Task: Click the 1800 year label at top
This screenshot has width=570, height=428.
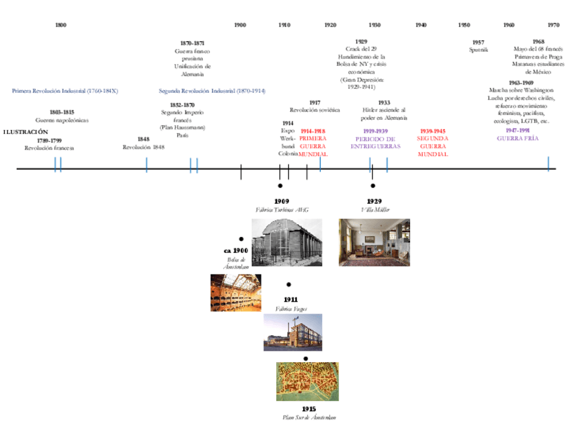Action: click(60, 25)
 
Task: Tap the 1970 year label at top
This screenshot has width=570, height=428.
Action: click(553, 25)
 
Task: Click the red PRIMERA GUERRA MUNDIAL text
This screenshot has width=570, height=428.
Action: click(313, 142)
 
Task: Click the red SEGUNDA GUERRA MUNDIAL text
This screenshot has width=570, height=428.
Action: click(432, 142)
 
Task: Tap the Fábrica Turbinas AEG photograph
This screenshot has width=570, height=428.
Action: click(282, 243)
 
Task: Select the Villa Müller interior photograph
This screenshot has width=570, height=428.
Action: click(374, 242)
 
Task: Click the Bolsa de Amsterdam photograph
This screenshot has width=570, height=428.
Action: click(235, 293)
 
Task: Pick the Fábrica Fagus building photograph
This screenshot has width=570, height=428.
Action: click(292, 332)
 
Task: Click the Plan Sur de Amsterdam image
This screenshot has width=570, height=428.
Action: click(307, 382)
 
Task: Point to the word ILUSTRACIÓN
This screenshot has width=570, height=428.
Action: click(26, 132)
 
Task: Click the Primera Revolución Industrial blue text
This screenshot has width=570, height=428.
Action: click(65, 90)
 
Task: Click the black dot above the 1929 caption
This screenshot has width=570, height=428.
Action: click(373, 185)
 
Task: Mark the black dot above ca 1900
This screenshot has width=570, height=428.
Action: click(241, 239)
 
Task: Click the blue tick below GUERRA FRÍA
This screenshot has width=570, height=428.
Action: click(548, 164)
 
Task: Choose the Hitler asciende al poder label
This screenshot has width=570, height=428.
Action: click(384, 113)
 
